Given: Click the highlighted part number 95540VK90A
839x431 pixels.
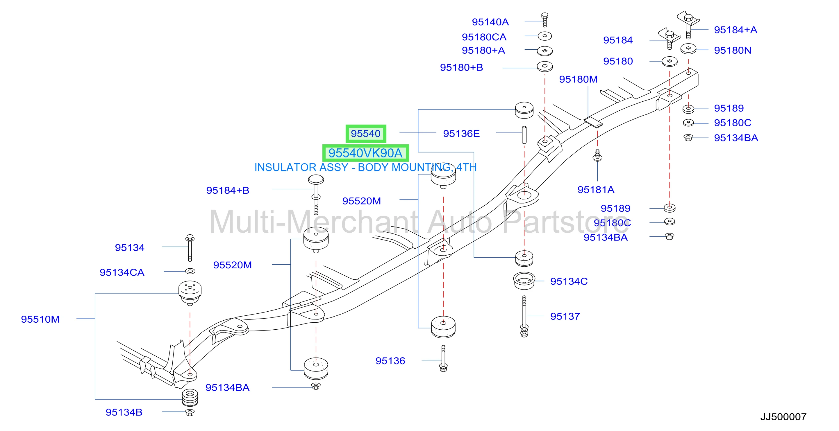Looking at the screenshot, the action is [365, 153].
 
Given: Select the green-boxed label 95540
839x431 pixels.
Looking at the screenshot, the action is [366, 133].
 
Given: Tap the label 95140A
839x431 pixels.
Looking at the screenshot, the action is [490, 22].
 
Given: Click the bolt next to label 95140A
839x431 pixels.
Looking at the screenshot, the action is [545, 20].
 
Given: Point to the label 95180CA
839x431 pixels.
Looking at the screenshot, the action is [484, 37].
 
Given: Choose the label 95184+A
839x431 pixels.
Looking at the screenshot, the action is [736, 30].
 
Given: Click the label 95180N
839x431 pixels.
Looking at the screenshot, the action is [733, 51].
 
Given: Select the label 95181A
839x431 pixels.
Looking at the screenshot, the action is [596, 190].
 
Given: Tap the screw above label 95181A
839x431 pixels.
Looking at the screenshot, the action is [597, 155].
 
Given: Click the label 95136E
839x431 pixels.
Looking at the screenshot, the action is [461, 133].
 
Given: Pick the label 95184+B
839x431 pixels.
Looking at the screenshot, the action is [228, 190].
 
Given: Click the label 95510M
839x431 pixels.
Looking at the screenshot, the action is [40, 319].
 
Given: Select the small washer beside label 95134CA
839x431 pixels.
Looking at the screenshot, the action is [190, 271].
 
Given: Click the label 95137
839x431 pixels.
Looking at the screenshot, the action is [565, 316].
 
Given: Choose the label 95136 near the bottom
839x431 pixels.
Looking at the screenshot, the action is [390, 361].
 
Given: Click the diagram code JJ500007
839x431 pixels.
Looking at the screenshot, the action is [783, 417].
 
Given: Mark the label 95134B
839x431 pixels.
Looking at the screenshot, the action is [124, 412].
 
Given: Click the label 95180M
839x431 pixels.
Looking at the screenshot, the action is [579, 79].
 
